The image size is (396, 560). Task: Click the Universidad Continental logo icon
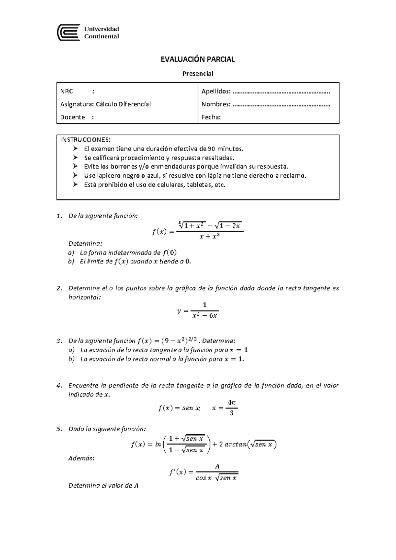point(69,32)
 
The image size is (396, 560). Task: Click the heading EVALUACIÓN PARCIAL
point(197,59)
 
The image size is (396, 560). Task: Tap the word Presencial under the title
point(198,73)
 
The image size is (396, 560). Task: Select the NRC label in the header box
point(67,91)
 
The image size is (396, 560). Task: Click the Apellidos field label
point(216,91)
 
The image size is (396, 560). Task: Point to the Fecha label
point(211,117)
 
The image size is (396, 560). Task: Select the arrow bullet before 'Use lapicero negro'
point(76,175)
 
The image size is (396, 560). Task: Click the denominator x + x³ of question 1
point(210,236)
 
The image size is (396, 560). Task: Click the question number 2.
point(59,288)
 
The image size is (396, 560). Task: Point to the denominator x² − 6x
point(205,316)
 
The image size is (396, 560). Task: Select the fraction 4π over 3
point(231,408)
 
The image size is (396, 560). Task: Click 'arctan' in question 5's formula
point(235,444)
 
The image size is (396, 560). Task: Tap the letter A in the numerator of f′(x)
point(217,467)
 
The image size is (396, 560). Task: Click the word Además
point(81,458)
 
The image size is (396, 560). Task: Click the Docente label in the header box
point(73,117)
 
